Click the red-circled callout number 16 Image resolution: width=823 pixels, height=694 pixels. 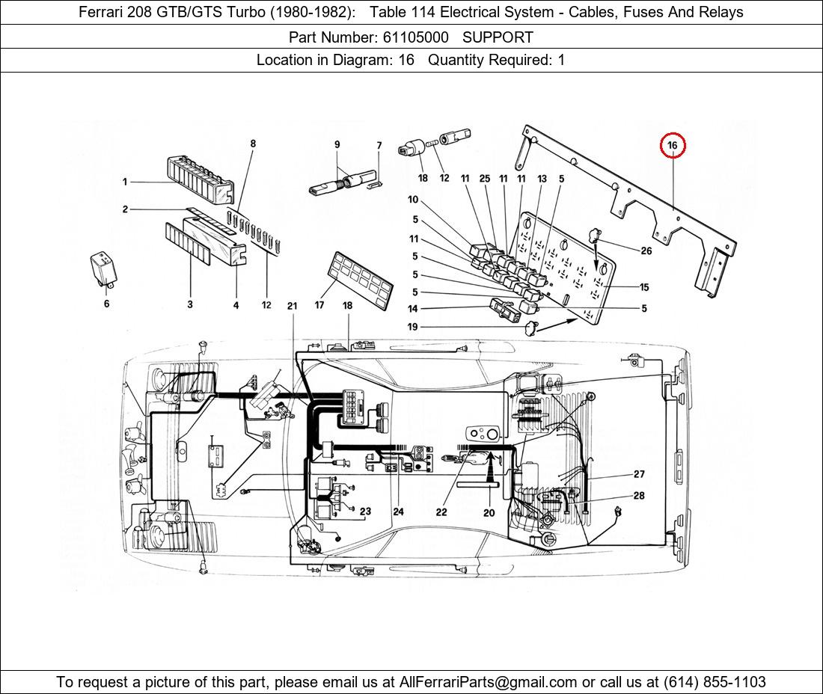click(x=673, y=145)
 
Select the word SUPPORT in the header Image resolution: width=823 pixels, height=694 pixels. click(x=498, y=37)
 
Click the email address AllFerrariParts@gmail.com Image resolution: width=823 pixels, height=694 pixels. click(x=489, y=681)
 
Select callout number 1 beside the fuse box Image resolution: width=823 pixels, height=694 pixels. click(x=126, y=182)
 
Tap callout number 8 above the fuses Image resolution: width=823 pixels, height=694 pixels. click(x=253, y=143)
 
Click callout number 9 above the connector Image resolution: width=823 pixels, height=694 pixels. click(x=337, y=144)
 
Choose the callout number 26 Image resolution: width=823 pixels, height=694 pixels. click(x=646, y=251)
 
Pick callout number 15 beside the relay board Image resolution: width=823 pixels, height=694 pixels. click(x=643, y=287)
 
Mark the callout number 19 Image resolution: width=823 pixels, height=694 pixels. click(x=413, y=327)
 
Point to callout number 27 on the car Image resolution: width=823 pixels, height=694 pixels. click(x=638, y=474)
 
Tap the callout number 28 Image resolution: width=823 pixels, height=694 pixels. click(x=638, y=496)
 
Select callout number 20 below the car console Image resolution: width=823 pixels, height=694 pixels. click(x=489, y=512)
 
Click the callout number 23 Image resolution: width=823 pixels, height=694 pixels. click(x=365, y=512)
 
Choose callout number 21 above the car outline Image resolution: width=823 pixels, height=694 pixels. click(x=292, y=306)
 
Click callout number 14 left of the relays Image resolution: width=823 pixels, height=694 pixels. click(x=413, y=309)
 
